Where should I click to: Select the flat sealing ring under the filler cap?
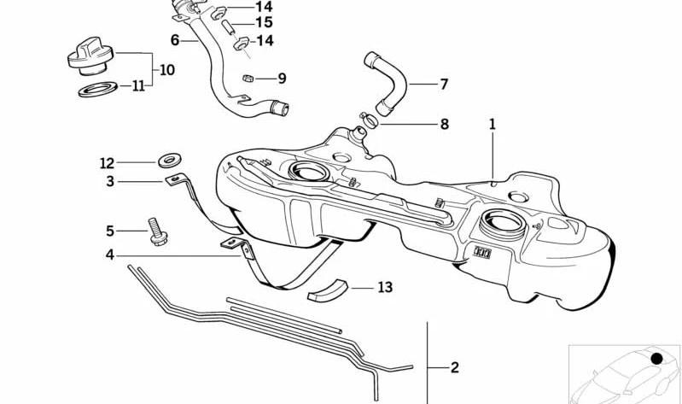coord(98,89)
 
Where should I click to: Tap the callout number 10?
coord(167,70)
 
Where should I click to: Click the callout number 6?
coord(175,40)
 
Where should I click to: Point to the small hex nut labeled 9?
coord(248,79)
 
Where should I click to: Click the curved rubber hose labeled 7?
coord(388,83)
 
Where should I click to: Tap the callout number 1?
coord(493,124)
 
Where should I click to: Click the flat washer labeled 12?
coord(170,161)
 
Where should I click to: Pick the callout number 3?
coord(110,181)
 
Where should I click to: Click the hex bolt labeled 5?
coord(157,231)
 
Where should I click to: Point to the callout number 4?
coord(110,255)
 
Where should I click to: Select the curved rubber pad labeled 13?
coord(329,290)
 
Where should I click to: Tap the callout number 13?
coord(385,287)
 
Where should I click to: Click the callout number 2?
coord(454,367)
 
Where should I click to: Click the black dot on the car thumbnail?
coord(656,359)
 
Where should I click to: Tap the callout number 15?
coord(265,22)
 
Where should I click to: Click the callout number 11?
coord(138,85)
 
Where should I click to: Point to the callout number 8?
coord(444,124)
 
